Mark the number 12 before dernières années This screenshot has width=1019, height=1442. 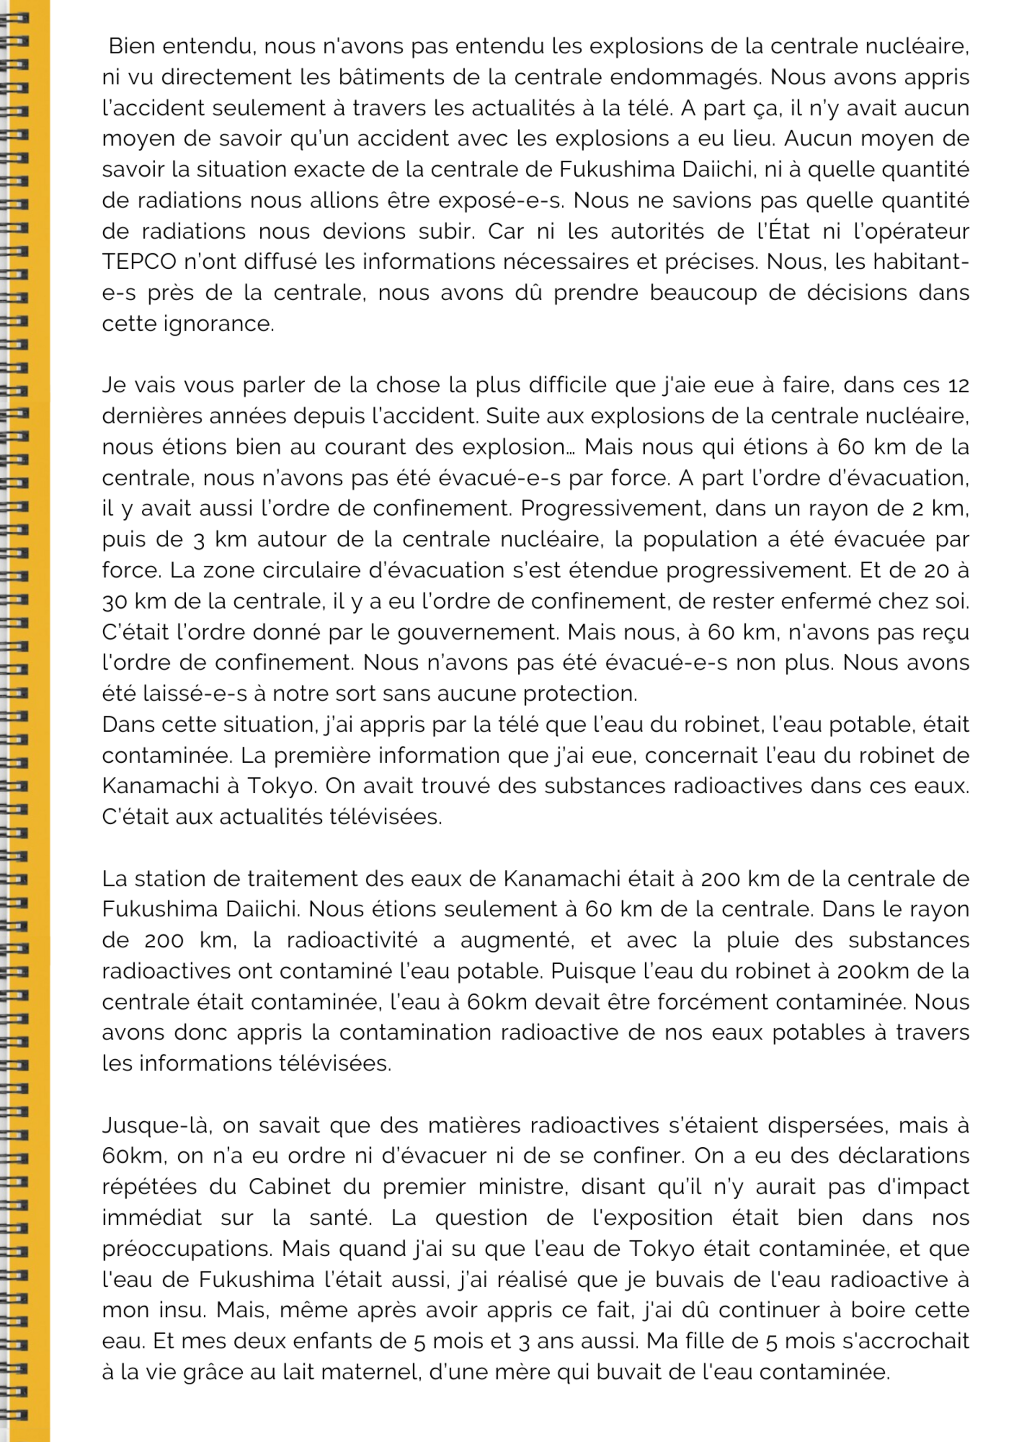click(x=958, y=385)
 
